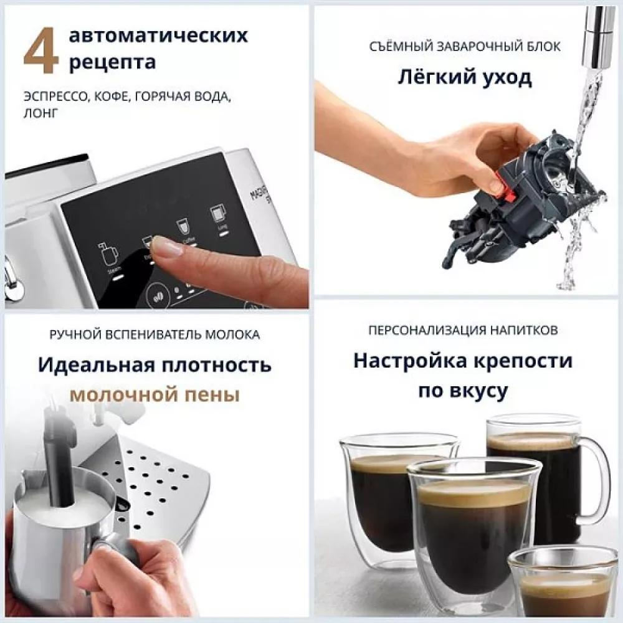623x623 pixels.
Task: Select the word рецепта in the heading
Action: click(x=112, y=62)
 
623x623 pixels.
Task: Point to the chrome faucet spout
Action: click(x=595, y=37)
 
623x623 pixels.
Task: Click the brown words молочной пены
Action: click(x=155, y=394)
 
